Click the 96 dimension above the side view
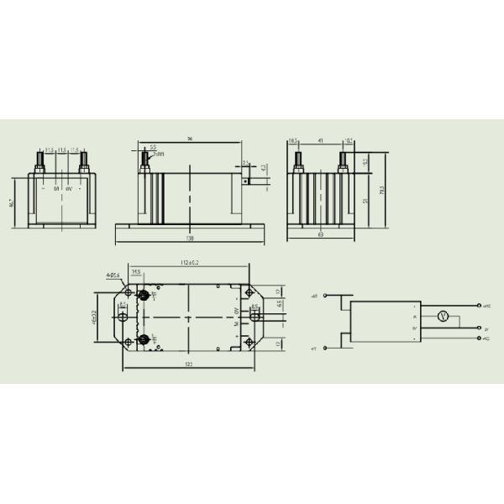[191, 139]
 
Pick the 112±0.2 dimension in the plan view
[192, 262]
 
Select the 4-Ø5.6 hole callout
[113, 275]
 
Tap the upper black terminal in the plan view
[144, 295]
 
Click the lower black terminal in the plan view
[144, 339]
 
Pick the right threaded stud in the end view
[344, 160]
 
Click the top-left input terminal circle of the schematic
[323, 297]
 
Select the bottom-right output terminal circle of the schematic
[478, 339]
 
